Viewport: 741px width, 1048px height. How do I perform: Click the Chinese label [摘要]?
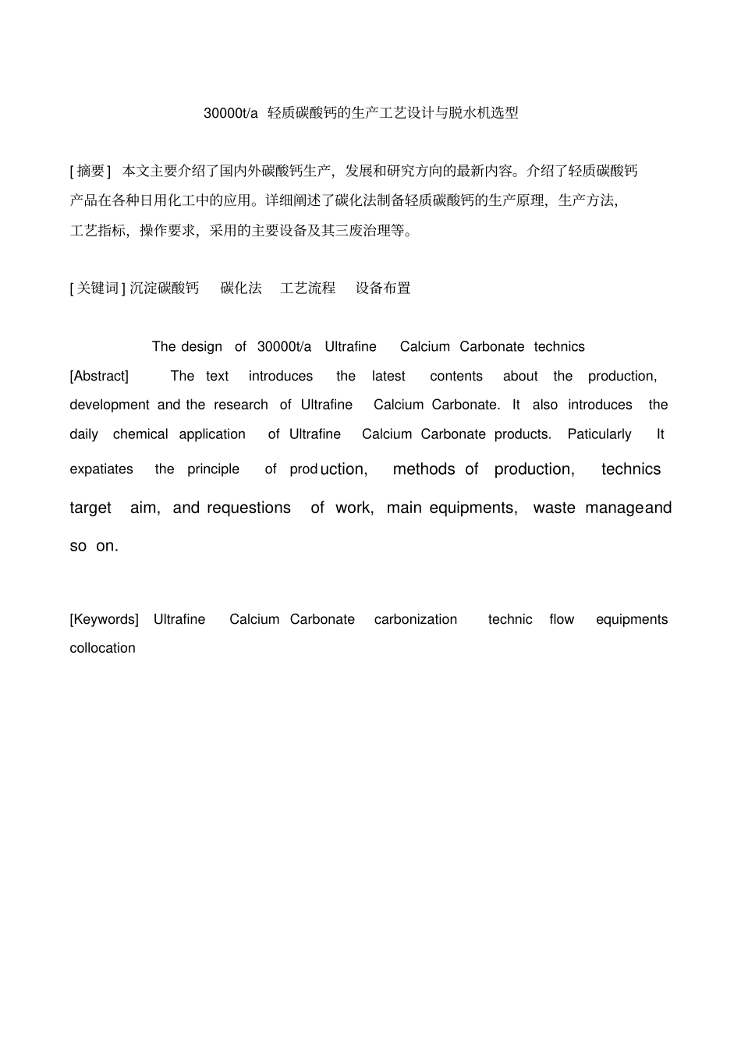90,171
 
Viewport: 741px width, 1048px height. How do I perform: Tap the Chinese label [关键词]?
97,289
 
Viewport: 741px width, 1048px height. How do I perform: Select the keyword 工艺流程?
307,289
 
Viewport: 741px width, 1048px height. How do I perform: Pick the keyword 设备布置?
383,289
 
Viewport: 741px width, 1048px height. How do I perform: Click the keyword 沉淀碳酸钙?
165,289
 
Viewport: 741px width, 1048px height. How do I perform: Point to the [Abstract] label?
99,377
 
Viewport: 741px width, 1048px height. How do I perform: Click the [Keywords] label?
104,620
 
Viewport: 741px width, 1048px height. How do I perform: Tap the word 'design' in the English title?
202,347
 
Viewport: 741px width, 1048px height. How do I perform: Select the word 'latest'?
388,377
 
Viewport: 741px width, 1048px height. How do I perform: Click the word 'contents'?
456,377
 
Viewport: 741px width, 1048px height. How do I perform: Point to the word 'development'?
109,405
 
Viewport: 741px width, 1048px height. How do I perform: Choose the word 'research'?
241,405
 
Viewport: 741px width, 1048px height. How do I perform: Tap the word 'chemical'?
140,434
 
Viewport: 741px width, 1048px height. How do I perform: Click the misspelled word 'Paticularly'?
599,434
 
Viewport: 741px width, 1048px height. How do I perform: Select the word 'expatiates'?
101,469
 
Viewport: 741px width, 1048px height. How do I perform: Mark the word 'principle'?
213,469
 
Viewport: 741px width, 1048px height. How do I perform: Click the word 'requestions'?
249,508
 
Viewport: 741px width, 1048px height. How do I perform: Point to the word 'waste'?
554,508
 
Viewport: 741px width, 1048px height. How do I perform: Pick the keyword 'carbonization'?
416,620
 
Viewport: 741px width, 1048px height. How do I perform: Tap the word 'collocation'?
102,649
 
